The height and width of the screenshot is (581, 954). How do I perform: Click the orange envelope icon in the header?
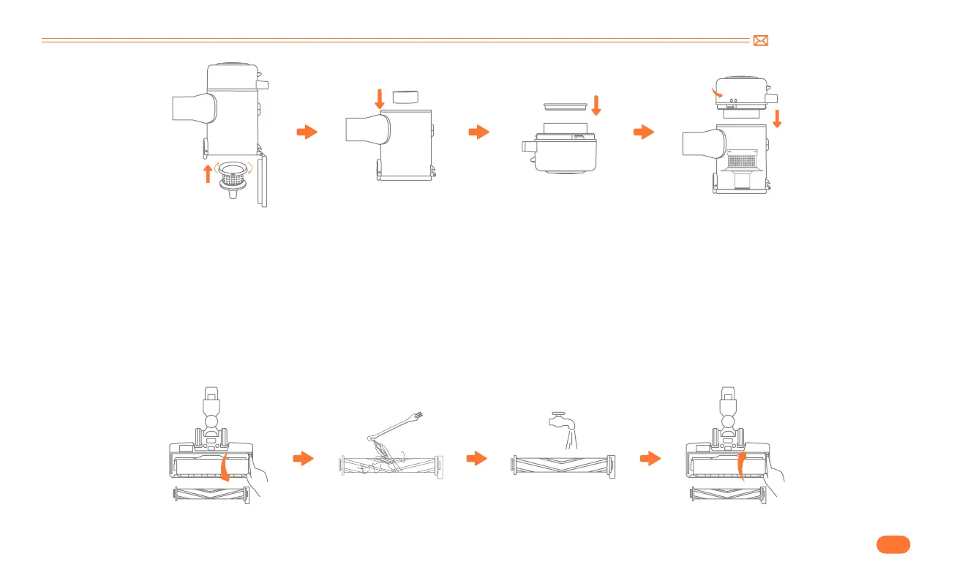[760, 41]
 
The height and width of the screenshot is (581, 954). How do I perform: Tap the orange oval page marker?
[892, 544]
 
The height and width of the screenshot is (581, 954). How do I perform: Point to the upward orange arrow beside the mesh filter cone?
[208, 174]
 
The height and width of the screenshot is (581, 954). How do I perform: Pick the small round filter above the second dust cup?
[405, 97]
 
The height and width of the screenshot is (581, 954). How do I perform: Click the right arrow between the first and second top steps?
[307, 132]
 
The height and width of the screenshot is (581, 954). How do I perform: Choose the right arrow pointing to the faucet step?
[477, 459]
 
